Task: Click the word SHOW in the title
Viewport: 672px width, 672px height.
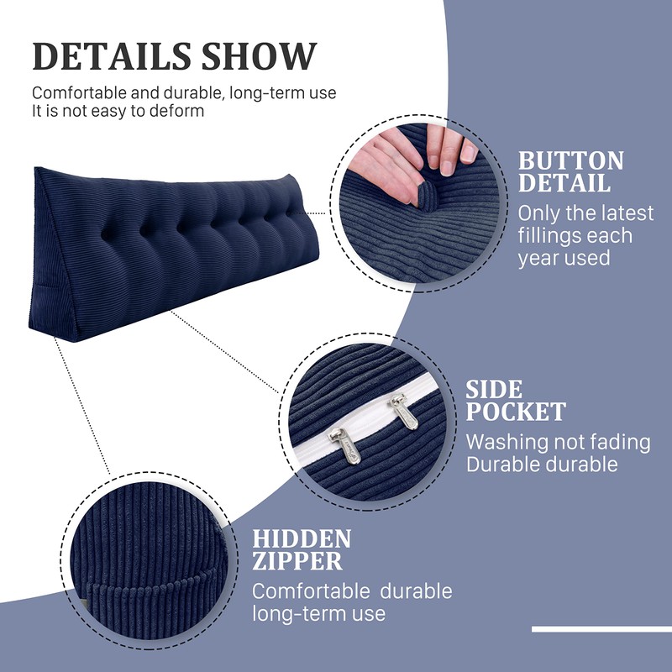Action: pos(260,55)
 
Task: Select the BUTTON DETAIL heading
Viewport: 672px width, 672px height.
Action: pos(570,171)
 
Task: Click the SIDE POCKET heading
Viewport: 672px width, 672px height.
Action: pos(516,400)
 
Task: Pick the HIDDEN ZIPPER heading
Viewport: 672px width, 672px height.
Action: pos(302,550)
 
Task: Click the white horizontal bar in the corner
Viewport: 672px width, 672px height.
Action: pos(601,629)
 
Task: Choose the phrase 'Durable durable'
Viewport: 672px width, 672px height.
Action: pos(542,464)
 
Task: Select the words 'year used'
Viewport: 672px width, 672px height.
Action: pos(564,259)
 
